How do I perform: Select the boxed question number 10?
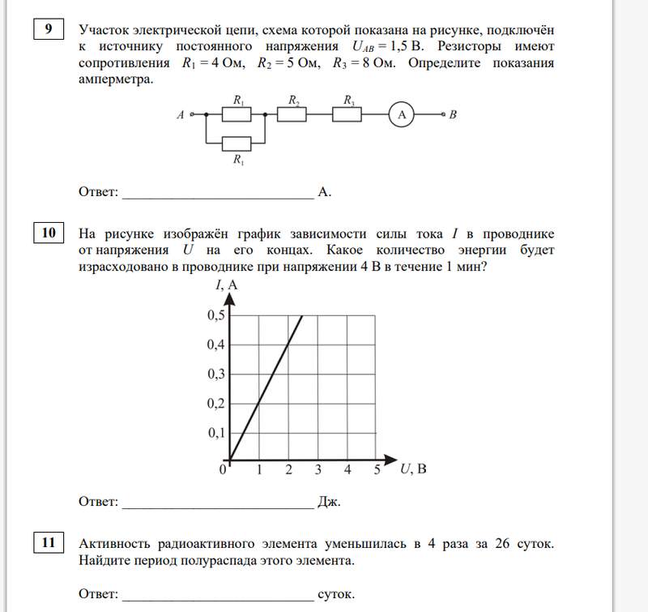coord(47,234)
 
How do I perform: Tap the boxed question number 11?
coord(47,542)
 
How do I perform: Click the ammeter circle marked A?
coord(401,116)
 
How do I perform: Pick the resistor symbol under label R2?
coord(292,116)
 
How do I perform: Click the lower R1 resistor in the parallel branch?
coord(237,143)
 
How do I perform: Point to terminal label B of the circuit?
coord(454,116)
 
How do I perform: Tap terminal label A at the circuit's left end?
coord(180,116)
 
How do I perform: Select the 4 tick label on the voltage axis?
coord(347,469)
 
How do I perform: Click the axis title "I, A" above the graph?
coord(227,285)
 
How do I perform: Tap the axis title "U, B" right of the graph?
coord(413,469)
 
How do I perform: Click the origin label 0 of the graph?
coord(223,469)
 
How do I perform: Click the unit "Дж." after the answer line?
coord(330,503)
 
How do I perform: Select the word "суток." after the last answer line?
coord(337,595)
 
